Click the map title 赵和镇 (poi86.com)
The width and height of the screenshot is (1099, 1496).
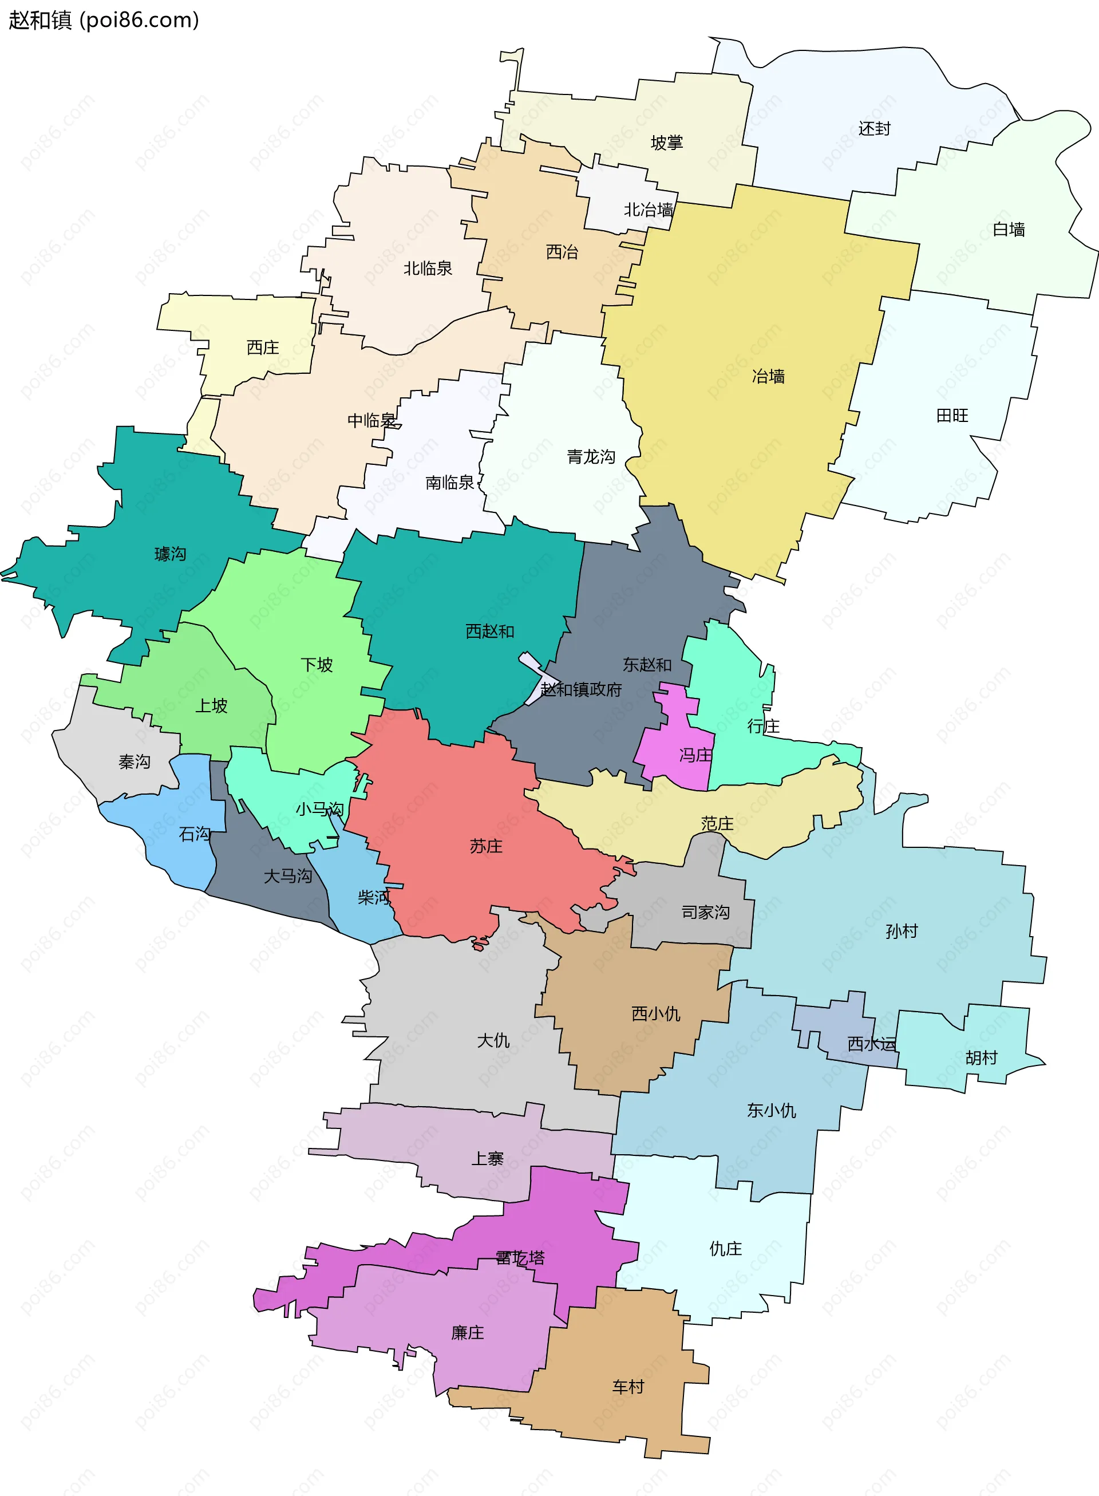click(104, 20)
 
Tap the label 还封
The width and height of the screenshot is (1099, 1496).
click(873, 128)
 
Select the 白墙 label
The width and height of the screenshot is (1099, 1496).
click(1009, 230)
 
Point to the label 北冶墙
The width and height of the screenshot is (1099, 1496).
click(648, 210)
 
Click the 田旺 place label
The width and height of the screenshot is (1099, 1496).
click(952, 416)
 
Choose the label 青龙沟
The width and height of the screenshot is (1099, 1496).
click(591, 456)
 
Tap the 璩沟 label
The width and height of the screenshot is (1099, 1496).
click(171, 554)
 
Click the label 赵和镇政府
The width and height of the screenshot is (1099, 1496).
click(581, 689)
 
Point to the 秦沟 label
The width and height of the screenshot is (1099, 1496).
click(135, 761)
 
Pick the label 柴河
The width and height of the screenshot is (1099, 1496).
click(374, 898)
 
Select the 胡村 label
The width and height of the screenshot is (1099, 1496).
click(981, 1057)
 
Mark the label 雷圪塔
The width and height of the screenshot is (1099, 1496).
click(520, 1258)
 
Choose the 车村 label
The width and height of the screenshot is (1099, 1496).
click(628, 1387)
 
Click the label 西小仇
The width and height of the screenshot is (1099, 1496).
click(655, 1013)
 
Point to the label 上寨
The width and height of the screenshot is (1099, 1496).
click(487, 1159)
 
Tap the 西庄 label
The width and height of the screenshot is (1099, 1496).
click(263, 348)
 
